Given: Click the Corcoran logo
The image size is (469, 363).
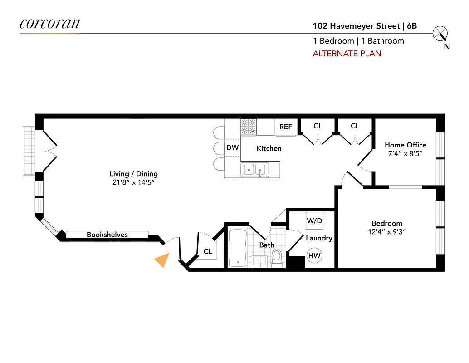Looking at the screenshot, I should (x=49, y=24).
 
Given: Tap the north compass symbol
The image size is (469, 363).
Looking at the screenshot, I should (x=440, y=34).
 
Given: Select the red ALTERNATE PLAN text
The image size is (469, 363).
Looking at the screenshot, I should (x=347, y=54).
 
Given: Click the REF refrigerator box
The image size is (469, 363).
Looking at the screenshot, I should (x=286, y=127).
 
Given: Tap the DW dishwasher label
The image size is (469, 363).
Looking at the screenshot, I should (x=232, y=148).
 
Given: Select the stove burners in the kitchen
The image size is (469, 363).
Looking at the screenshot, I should (x=248, y=127).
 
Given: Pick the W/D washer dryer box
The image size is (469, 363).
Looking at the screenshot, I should (x=314, y=221).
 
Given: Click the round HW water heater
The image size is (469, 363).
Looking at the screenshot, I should (x=314, y=256).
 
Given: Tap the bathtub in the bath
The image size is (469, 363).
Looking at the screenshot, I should (x=238, y=248).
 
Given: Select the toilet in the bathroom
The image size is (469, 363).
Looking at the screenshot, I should (x=277, y=257).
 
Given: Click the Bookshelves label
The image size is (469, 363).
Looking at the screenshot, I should (x=107, y=235).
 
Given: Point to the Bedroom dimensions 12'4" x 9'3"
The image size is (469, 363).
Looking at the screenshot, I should (x=387, y=232).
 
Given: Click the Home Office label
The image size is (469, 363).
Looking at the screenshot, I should (x=405, y=145).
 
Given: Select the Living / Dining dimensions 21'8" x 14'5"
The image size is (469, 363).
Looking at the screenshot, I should (x=133, y=182).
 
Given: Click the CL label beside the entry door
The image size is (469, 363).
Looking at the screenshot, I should (x=208, y=251).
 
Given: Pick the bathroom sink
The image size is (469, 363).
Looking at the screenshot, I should (x=259, y=262).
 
